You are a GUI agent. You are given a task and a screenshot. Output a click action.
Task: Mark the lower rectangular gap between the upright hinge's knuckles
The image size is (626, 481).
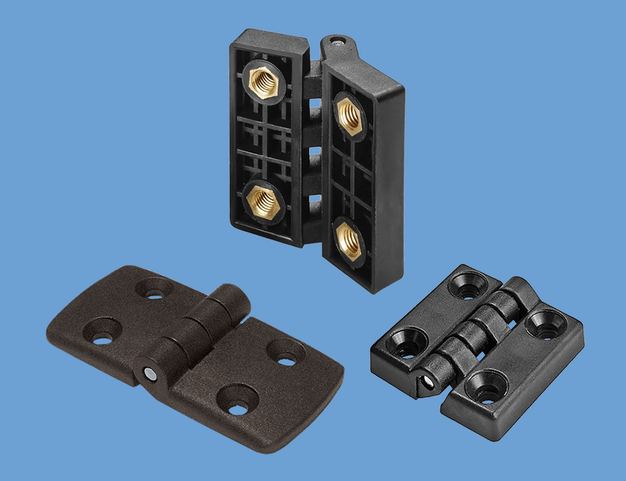point(313,198)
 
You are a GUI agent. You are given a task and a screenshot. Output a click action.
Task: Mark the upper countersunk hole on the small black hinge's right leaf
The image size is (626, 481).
point(543,326)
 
